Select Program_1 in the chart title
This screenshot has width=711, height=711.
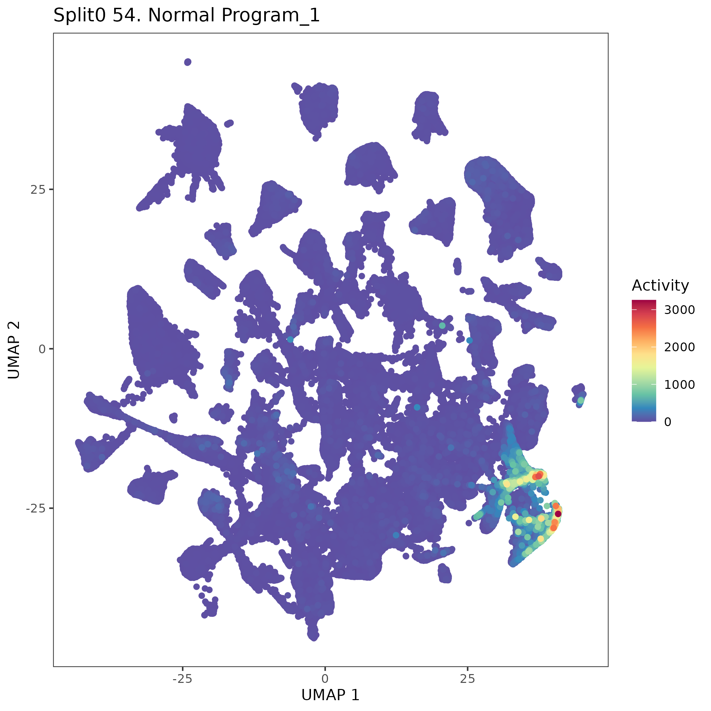point(271,16)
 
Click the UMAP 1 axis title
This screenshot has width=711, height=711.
point(330,694)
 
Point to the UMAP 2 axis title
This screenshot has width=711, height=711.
point(14,350)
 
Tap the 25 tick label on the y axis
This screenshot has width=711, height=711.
point(38,190)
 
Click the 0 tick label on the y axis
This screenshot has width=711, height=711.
point(42,349)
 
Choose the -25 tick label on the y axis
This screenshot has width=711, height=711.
point(35,508)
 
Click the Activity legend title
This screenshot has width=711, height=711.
point(660,286)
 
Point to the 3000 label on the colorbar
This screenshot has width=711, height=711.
point(679,310)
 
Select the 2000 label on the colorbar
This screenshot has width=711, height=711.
point(679,347)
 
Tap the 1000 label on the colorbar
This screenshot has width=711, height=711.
point(679,384)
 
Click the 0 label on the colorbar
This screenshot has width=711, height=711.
point(668,422)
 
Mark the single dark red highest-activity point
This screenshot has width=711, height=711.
point(558,514)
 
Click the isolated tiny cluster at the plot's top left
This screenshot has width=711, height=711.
point(188,62)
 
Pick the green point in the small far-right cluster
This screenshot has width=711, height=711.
point(581,400)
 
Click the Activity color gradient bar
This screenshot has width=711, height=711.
point(644,360)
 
